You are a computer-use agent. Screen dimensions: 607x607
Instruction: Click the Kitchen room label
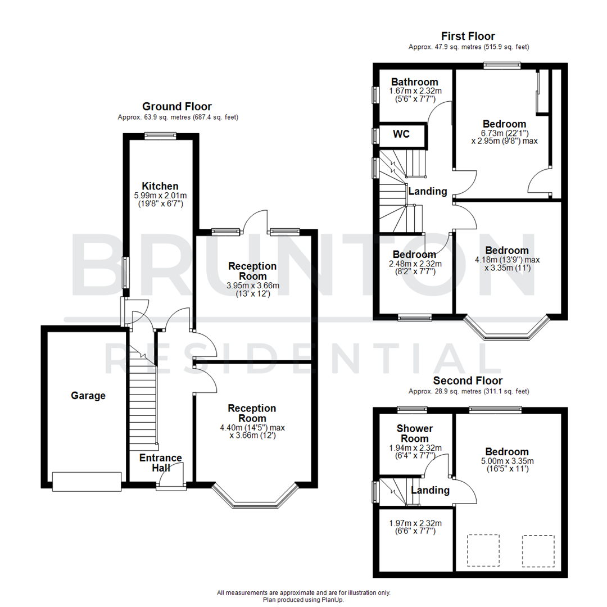click(x=160, y=186)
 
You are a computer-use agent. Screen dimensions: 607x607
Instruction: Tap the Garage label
click(x=88, y=396)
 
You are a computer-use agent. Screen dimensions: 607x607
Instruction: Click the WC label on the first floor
click(x=401, y=134)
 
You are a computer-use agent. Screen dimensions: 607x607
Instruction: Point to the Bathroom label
click(x=415, y=82)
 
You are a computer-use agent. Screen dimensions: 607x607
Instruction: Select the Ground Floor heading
click(x=176, y=106)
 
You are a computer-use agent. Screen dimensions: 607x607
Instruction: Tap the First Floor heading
click(x=468, y=37)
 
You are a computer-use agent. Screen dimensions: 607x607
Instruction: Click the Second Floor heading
click(x=468, y=381)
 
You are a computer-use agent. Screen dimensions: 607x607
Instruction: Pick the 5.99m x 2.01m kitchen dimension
click(x=160, y=195)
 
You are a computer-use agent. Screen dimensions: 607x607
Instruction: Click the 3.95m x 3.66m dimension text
click(x=252, y=286)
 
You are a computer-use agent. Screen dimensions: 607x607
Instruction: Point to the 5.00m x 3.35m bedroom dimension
click(x=507, y=461)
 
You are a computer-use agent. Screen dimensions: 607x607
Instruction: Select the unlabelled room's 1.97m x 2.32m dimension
click(x=415, y=523)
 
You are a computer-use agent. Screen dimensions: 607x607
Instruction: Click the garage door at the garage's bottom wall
click(x=87, y=481)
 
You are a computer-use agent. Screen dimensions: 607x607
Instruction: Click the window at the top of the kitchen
click(x=160, y=135)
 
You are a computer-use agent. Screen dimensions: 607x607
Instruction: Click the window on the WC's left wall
click(x=374, y=135)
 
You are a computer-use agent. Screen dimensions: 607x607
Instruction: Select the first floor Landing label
click(x=427, y=192)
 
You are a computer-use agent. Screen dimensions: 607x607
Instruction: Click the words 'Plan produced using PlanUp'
click(x=303, y=600)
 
